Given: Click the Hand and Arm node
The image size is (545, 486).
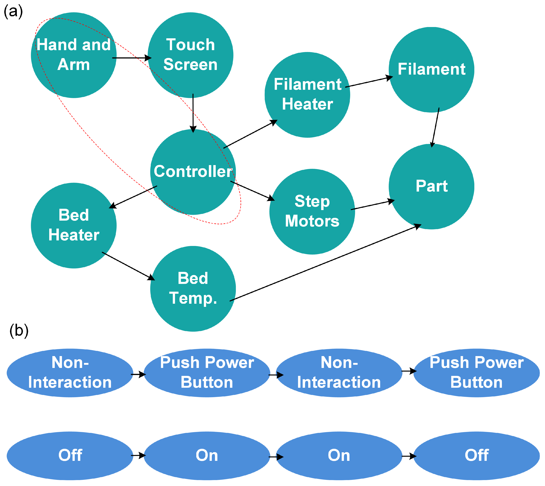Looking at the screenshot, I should (x=74, y=55).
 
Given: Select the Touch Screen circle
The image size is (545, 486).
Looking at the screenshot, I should (x=190, y=55).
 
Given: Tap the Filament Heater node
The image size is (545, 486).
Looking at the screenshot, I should (x=307, y=95).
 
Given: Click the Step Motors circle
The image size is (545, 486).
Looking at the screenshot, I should (x=312, y=212).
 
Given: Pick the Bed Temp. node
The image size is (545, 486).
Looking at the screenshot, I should (x=193, y=289).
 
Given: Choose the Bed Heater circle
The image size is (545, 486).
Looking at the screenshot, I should (x=74, y=225).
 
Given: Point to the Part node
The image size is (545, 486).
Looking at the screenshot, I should (x=431, y=186).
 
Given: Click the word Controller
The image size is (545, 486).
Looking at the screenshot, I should (x=193, y=171).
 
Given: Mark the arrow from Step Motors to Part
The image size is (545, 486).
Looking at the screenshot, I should (x=372, y=205).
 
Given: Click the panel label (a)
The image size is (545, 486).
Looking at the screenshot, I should (x=13, y=12).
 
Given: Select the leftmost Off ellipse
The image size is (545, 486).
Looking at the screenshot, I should (x=70, y=455).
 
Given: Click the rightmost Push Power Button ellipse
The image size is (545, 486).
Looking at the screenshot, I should (x=476, y=373).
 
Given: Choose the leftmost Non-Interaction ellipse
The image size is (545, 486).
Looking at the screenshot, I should (x=70, y=373).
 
